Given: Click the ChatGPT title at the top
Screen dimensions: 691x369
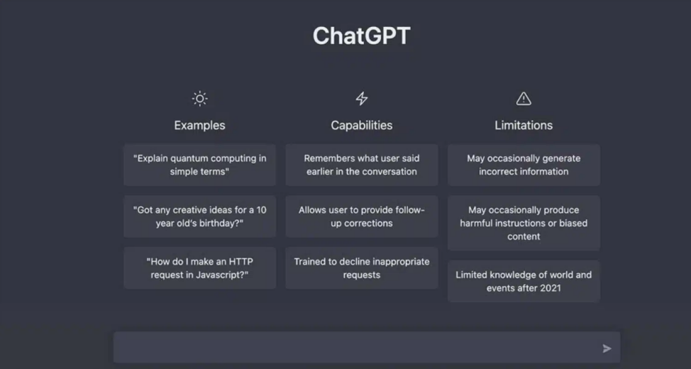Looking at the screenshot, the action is [x=361, y=35].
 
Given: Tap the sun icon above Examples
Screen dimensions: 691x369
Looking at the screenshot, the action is [x=199, y=99].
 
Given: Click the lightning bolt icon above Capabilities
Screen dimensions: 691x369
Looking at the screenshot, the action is [x=362, y=99].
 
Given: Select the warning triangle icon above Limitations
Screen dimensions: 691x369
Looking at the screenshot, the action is [x=524, y=99].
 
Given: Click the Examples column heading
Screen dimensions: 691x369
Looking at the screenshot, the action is [x=199, y=125].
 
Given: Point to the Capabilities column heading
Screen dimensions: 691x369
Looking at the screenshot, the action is [x=362, y=125].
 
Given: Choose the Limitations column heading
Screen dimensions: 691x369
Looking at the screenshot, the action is [x=524, y=125].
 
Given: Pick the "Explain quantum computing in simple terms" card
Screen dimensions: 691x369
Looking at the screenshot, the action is [x=199, y=165].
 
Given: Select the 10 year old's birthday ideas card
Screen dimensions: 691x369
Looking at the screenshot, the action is [x=199, y=216].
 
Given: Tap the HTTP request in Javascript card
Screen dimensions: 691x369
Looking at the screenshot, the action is [x=199, y=268].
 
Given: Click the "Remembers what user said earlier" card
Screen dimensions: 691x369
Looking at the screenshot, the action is [x=362, y=165].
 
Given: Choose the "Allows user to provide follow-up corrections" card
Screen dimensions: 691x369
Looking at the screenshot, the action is [x=362, y=216].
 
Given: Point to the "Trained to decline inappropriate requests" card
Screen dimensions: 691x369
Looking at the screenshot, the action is [x=362, y=268].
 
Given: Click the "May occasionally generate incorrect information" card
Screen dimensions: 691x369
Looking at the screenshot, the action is [x=524, y=165].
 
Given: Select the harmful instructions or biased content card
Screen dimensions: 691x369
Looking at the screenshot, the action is [x=524, y=223].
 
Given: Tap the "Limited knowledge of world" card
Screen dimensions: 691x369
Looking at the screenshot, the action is [x=524, y=281].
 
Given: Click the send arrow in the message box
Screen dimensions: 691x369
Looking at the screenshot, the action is [x=607, y=348].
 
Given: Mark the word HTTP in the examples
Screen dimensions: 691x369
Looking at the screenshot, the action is [x=241, y=262].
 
